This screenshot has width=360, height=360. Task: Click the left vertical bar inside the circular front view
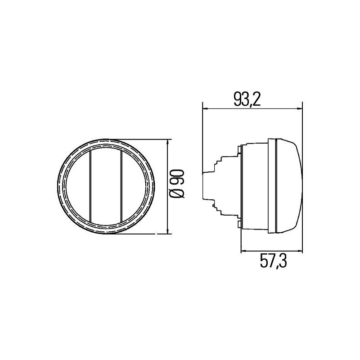[91, 186]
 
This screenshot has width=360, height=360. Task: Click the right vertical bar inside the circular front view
[122, 186]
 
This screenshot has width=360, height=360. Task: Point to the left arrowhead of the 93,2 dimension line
[206, 108]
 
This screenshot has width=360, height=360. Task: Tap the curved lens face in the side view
[290, 186]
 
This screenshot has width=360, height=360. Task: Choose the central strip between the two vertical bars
[107, 186]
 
